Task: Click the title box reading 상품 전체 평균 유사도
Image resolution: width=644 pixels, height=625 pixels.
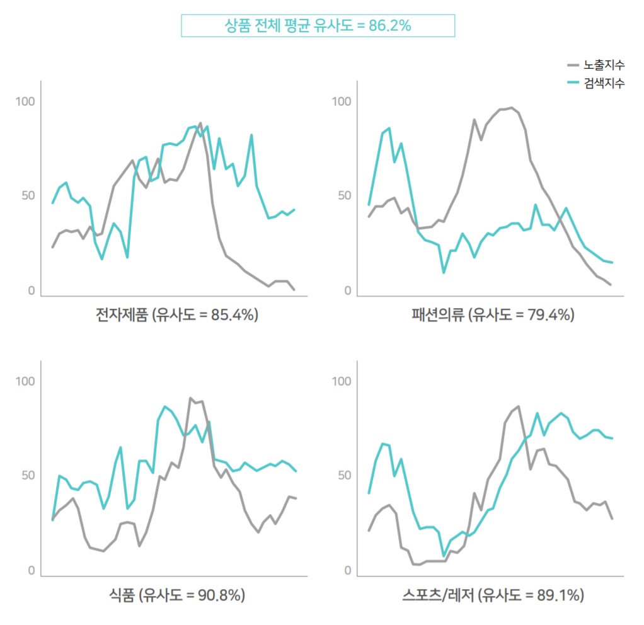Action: point(318,26)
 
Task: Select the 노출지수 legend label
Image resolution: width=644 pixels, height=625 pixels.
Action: point(604,65)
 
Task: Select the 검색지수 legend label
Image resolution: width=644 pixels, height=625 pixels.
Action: point(604,83)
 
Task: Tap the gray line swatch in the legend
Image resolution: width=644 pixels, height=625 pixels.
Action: point(573,65)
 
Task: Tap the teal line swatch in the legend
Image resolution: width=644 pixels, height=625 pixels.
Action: point(573,83)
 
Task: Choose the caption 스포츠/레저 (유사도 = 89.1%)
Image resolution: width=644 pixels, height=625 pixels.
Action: point(493,594)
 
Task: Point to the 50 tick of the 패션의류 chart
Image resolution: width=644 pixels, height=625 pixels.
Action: point(341,195)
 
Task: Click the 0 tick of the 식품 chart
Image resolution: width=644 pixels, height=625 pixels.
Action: point(31,571)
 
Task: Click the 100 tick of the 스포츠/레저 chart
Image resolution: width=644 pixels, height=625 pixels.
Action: point(341,381)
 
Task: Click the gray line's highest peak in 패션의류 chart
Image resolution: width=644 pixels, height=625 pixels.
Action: point(512,108)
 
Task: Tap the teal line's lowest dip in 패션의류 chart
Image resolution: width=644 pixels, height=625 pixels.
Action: point(444,272)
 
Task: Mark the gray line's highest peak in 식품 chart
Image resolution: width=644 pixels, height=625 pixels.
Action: point(190,398)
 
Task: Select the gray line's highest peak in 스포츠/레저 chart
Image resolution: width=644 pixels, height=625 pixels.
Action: point(518,406)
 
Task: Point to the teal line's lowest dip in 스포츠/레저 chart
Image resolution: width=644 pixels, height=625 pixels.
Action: point(444,556)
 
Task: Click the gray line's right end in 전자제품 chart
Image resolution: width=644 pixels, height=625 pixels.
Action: point(294,289)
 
